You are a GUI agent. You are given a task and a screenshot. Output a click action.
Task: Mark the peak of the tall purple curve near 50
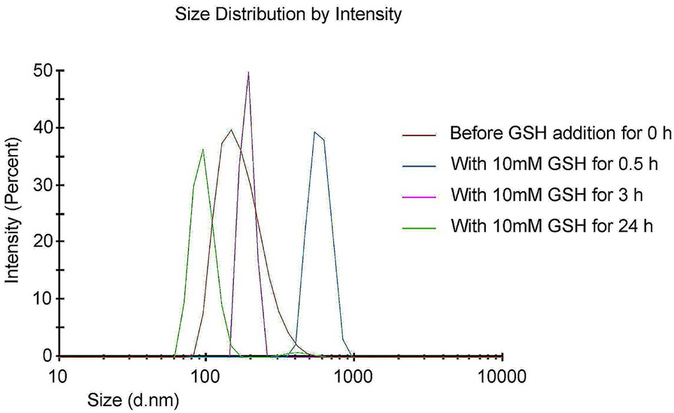coord(248,72)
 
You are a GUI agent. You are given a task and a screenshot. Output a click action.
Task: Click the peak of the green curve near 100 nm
coord(203,149)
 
